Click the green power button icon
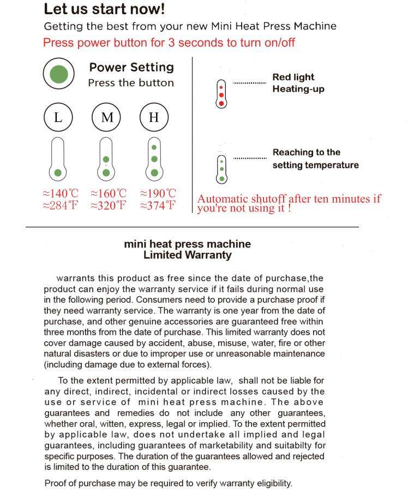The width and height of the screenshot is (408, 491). (59, 74)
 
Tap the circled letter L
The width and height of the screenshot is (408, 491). (58, 117)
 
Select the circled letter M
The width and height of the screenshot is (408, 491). (107, 117)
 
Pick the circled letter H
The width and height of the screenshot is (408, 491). (154, 117)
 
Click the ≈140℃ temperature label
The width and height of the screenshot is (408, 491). (61, 194)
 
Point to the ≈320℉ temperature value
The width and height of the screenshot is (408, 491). (109, 206)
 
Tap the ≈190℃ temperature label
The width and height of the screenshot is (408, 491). (158, 194)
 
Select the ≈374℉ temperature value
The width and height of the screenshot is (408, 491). (158, 206)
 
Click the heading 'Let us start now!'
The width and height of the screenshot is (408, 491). (104, 9)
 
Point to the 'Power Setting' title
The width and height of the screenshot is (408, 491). (131, 68)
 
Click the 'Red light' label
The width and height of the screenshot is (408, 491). (293, 77)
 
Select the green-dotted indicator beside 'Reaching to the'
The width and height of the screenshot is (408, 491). (221, 169)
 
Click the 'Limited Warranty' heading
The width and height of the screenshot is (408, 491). (187, 255)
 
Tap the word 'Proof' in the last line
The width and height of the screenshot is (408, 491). (55, 483)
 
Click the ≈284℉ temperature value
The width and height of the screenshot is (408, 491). (61, 206)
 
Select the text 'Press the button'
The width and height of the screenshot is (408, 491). (131, 83)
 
